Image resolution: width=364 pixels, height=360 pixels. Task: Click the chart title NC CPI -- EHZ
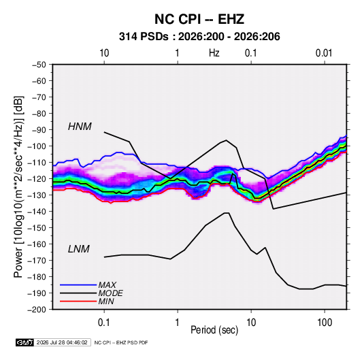(199, 19)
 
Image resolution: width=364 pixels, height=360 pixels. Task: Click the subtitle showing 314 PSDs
(199, 37)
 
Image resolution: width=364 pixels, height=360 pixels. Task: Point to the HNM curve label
(80, 127)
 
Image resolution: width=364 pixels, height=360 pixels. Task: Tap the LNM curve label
(79, 249)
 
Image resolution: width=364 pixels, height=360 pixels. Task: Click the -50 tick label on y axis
(39, 65)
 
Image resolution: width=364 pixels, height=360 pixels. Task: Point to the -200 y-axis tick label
(37, 310)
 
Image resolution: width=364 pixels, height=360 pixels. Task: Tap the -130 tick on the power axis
(37, 195)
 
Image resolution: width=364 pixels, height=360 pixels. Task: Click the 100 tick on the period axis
(325, 323)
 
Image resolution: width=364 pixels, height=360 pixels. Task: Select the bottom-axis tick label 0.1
(104, 323)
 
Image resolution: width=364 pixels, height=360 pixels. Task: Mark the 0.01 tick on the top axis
(324, 53)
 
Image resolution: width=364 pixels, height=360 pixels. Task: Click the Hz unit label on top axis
(214, 53)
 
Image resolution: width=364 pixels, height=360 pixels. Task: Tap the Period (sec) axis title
(214, 330)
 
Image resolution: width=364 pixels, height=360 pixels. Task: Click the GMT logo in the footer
(24, 342)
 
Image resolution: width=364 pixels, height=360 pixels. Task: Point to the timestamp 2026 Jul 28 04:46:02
(62, 342)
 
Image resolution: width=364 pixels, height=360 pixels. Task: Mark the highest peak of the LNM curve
(227, 213)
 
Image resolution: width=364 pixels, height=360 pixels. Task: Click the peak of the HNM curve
(226, 140)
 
